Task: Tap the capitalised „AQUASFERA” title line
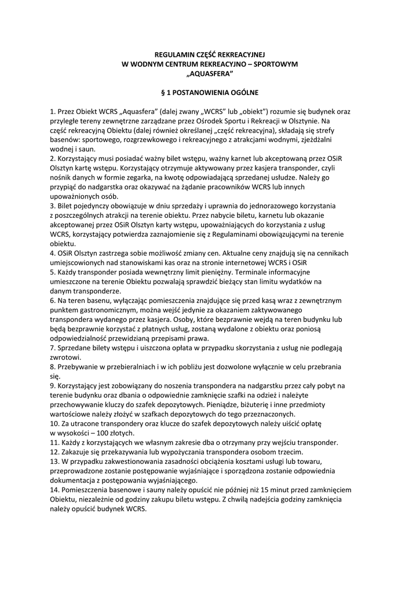pos(210,74)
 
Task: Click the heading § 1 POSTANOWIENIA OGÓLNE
pos(210,92)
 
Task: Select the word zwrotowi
pos(65,357)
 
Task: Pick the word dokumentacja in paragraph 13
pos(75,480)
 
